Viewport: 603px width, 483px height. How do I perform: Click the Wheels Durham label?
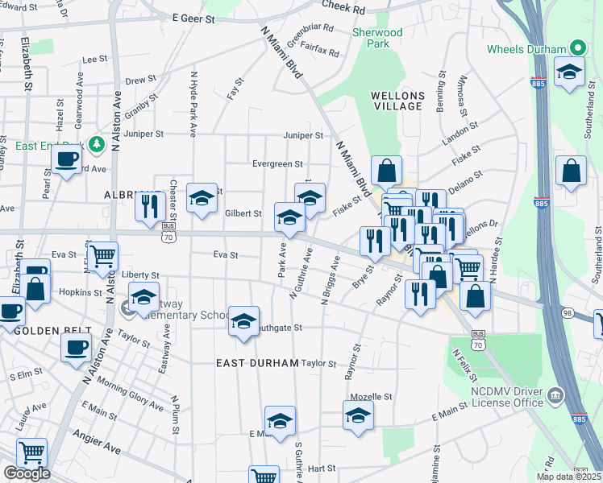click(x=526, y=49)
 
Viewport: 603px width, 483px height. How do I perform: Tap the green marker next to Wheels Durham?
click(x=578, y=48)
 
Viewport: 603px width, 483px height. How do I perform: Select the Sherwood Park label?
click(x=376, y=38)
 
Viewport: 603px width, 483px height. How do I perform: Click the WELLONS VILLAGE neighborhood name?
click(x=397, y=101)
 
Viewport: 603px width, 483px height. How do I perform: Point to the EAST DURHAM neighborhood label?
click(x=258, y=363)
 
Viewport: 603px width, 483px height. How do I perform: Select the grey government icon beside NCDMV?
click(x=555, y=396)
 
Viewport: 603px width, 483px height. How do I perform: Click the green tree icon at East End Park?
click(x=98, y=144)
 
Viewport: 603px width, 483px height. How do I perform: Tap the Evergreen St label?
click(x=277, y=163)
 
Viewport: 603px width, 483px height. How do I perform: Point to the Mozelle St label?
click(x=371, y=397)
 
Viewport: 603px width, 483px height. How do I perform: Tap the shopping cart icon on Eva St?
click(x=103, y=256)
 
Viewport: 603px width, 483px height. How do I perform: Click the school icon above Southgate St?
click(x=243, y=320)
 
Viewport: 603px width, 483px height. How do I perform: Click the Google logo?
click(x=27, y=473)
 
